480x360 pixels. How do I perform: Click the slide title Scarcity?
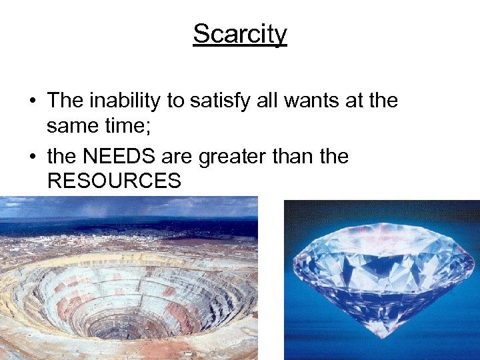pos(240,33)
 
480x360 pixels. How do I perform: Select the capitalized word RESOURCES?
pos(114,180)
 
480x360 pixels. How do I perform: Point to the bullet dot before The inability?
pos(32,101)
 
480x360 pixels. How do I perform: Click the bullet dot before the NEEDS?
pos(32,157)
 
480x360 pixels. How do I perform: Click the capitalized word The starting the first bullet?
pos(65,101)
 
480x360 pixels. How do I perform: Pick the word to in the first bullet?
pos(175,101)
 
